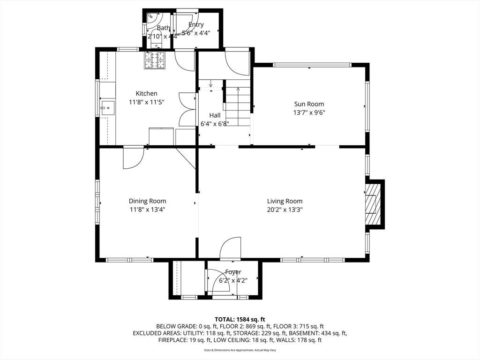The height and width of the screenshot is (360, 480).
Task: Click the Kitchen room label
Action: tap(146, 93)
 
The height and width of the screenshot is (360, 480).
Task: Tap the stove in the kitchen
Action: tap(155, 60)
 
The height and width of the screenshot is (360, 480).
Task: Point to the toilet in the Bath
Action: tap(157, 39)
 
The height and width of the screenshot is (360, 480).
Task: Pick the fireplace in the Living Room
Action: tap(373, 204)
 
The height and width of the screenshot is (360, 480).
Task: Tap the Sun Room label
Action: tap(309, 104)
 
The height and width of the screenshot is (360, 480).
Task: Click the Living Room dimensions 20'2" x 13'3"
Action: tap(285, 210)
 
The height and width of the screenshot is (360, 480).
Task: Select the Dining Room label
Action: tap(147, 201)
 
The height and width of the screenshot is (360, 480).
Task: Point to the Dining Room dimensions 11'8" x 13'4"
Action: tap(147, 210)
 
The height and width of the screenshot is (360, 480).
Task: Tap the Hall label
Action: tap(215, 115)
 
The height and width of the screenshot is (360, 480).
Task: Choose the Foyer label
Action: tap(233, 272)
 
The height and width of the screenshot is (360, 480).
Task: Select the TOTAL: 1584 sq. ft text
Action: tap(240, 320)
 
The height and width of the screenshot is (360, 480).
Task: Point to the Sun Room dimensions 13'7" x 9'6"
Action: tap(309, 112)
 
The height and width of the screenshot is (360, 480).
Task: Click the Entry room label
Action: tap(196, 24)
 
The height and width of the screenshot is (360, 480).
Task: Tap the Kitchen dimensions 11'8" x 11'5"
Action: tap(147, 102)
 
